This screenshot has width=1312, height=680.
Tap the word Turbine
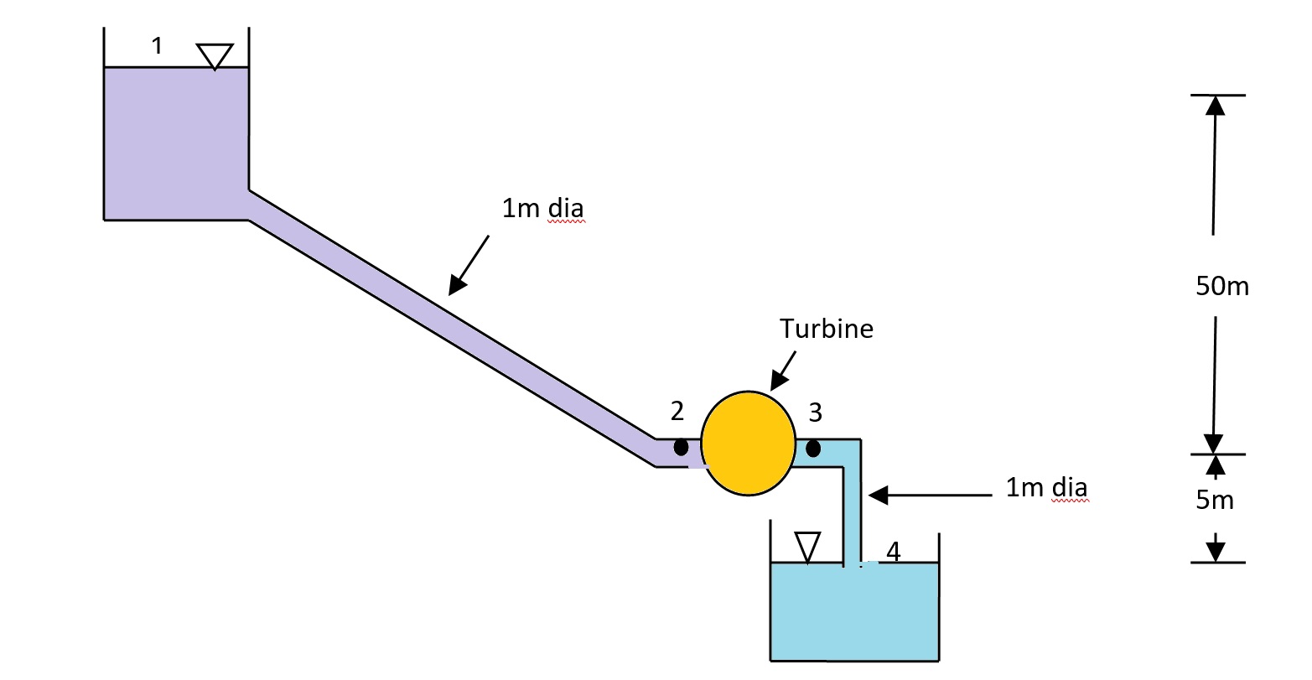click(826, 329)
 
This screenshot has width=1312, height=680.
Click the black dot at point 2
click(681, 448)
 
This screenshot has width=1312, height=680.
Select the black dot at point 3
click(812, 449)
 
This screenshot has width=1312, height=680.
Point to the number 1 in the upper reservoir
click(157, 47)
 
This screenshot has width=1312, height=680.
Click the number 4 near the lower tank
click(893, 552)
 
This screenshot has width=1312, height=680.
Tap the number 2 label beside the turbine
click(677, 411)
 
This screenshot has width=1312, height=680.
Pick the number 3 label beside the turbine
click(815, 413)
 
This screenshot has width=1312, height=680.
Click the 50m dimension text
click(1221, 287)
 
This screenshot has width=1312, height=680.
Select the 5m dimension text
click(1214, 501)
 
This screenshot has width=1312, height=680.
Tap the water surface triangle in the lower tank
click(806, 546)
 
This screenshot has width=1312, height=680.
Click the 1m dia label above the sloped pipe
click(542, 208)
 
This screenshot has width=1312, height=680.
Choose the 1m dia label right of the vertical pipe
click(1046, 488)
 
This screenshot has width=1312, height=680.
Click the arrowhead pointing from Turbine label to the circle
click(777, 382)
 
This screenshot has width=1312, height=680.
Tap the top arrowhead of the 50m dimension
click(1215, 105)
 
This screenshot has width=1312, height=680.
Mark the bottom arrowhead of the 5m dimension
click(1215, 552)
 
